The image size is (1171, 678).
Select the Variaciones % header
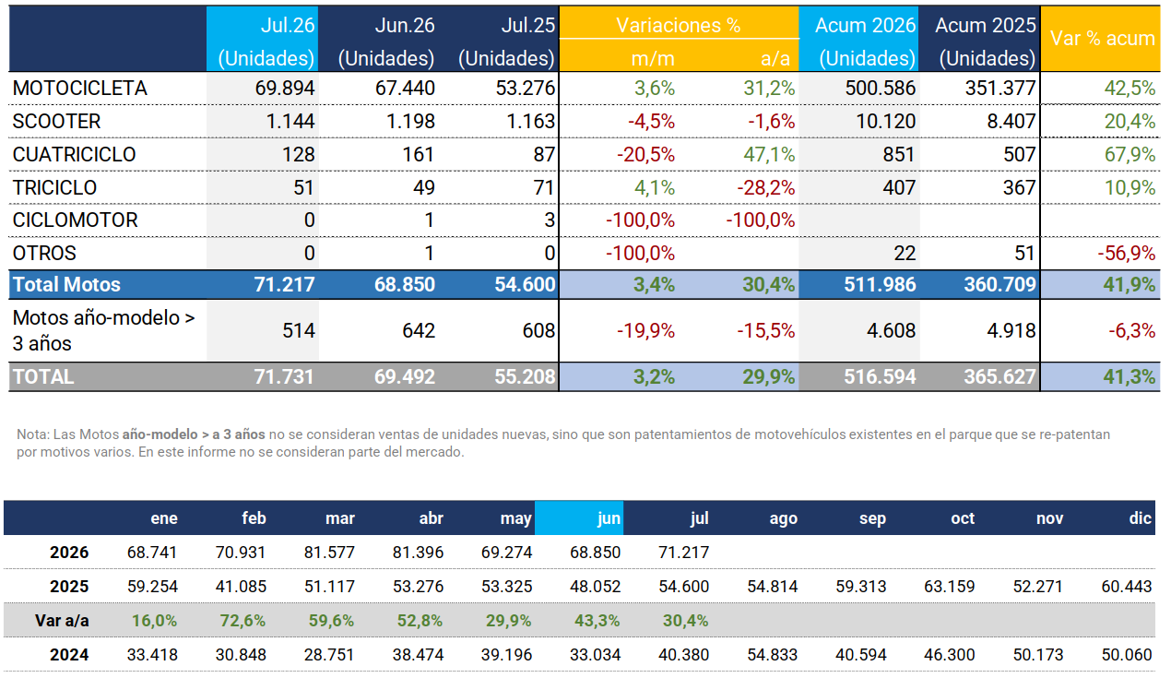(x=678, y=25)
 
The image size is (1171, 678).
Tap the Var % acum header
(x=1103, y=38)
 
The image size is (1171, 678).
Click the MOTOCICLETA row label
(x=79, y=88)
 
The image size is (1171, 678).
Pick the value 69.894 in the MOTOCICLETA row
(x=285, y=88)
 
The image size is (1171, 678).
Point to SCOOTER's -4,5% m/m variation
(x=651, y=122)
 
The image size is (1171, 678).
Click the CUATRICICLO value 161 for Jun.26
(x=419, y=154)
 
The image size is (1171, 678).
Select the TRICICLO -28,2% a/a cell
(x=766, y=187)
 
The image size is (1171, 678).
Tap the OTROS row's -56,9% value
(x=1126, y=253)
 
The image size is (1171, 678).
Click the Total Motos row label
(x=66, y=285)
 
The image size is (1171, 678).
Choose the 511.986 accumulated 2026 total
(x=880, y=285)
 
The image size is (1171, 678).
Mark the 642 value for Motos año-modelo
(x=419, y=330)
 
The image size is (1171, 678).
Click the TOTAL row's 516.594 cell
(x=880, y=376)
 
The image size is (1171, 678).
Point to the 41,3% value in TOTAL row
(x=1130, y=376)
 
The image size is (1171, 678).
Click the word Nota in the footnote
(x=33, y=434)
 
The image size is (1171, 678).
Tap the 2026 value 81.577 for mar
(x=329, y=553)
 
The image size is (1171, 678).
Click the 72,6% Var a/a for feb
(x=242, y=621)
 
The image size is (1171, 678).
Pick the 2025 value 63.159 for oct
(x=950, y=587)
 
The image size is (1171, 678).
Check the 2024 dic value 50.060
(x=1127, y=655)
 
